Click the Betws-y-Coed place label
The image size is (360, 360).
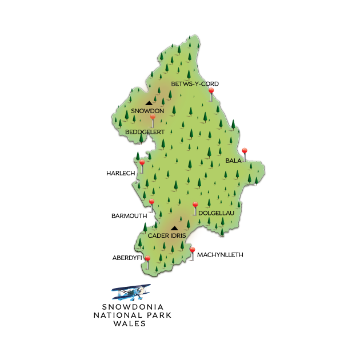coord(195,84)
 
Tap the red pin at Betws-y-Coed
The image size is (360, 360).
coord(211,91)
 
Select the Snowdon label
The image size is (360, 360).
coord(147,111)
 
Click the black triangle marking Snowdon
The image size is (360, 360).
coord(149,103)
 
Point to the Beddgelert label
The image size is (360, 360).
coord(145,131)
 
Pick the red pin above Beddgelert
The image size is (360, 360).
coord(153,118)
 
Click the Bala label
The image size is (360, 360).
coord(233,161)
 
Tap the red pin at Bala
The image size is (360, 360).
coord(245,151)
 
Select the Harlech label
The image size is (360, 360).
coord(119,173)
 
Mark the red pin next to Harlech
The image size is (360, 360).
coord(142,163)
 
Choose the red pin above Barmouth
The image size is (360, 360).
coord(151,202)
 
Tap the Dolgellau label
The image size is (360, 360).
coord(216,213)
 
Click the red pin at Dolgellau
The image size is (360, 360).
coord(195,205)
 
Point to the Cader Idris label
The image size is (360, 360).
coord(167,235)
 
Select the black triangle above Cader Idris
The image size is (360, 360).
coord(174,229)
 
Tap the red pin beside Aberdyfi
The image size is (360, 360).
coord(147,260)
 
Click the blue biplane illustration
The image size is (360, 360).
coord(131,292)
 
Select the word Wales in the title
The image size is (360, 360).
coord(129,323)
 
